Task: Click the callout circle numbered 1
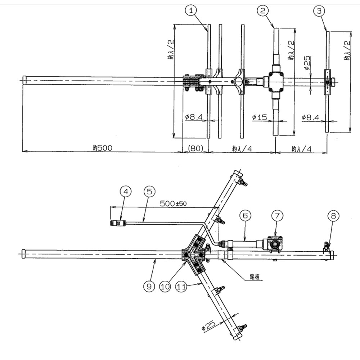[192, 10]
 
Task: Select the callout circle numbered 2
[263, 10]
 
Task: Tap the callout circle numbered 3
[318, 11]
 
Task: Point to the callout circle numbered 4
[125, 192]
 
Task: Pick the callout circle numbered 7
[277, 215]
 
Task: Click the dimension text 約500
[102, 147]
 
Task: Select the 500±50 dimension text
[174, 203]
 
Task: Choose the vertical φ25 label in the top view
[307, 63]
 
